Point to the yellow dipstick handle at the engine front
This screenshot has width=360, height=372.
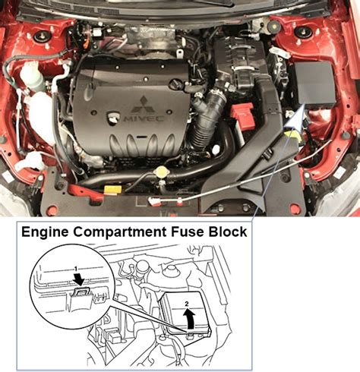112,188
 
